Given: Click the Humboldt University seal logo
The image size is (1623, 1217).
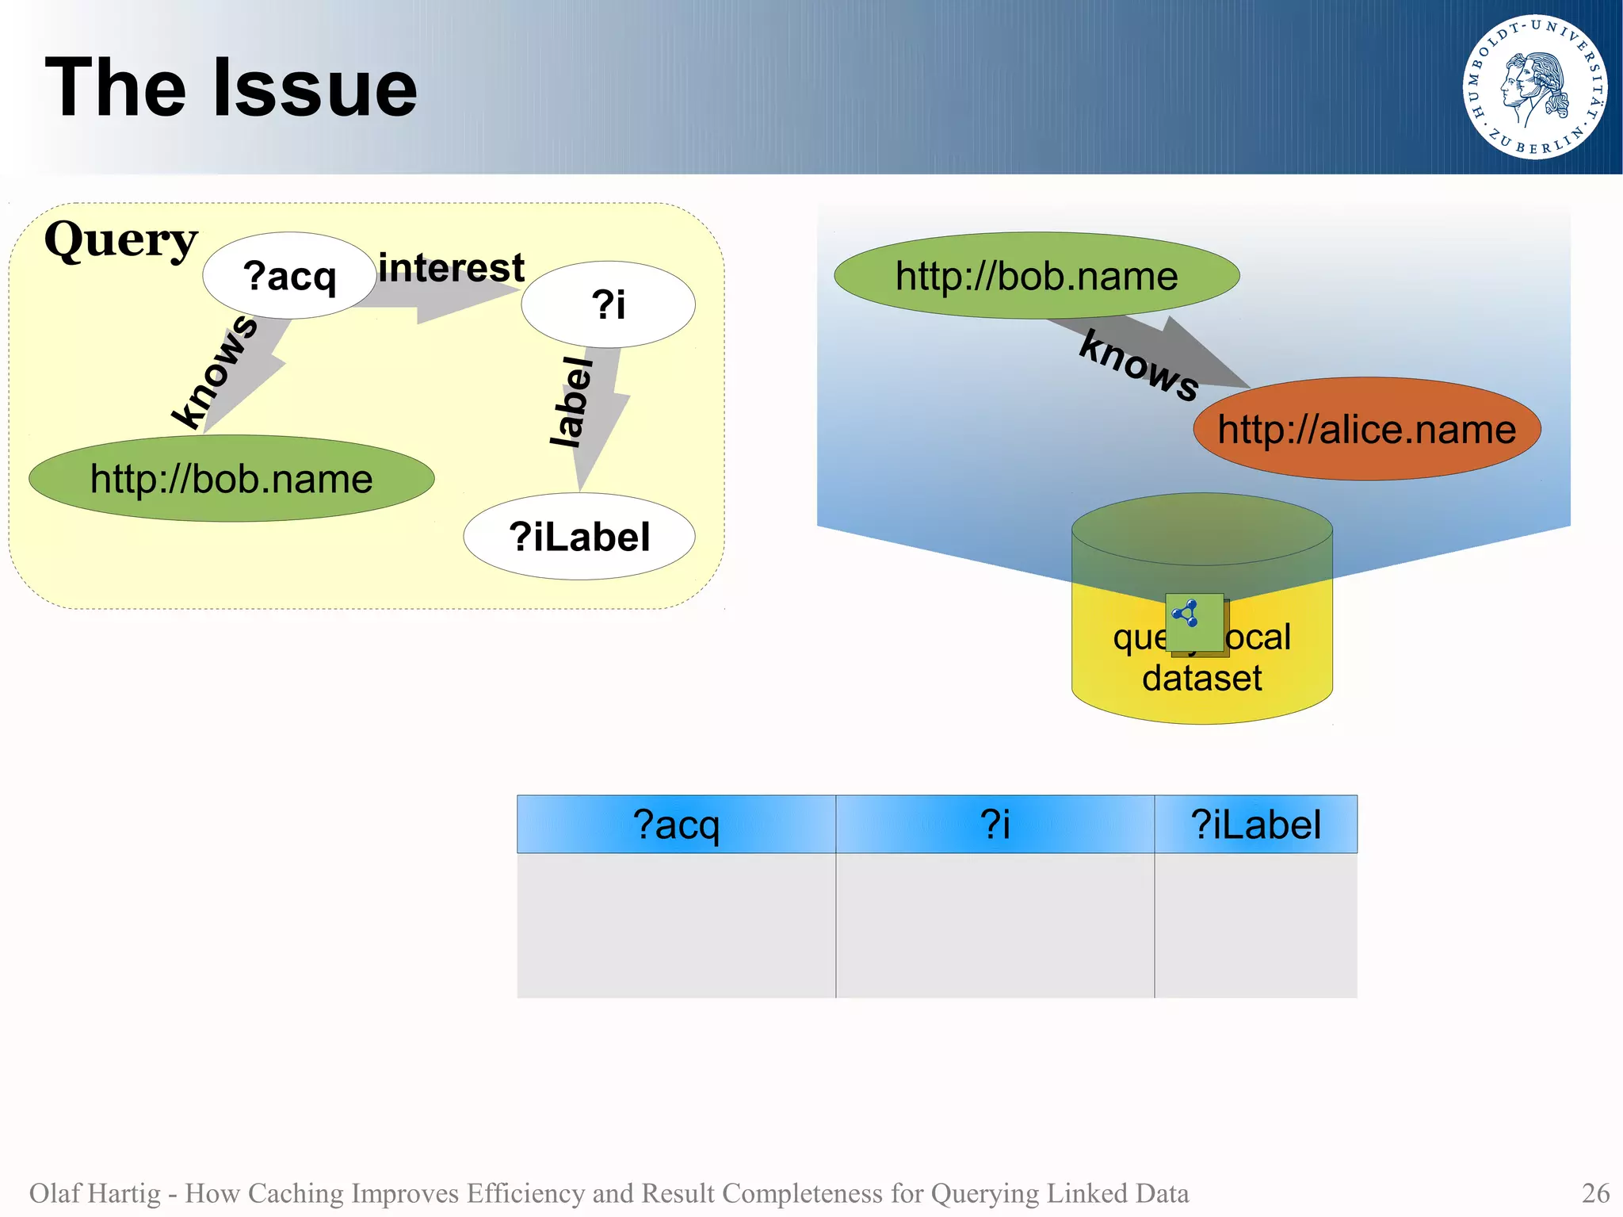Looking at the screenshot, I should (1534, 87).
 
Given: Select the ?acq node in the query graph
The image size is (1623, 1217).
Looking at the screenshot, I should (289, 276).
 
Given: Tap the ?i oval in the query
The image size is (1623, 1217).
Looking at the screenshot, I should (608, 304).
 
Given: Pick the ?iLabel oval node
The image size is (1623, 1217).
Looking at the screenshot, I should (579, 537).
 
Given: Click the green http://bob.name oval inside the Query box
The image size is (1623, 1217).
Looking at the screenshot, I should (231, 479).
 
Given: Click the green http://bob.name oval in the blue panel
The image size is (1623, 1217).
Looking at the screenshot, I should (1037, 276).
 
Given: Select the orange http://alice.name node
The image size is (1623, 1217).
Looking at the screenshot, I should (1366, 429).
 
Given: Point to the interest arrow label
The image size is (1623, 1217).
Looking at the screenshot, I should (451, 268).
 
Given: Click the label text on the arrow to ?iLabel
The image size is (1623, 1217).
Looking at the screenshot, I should (572, 402).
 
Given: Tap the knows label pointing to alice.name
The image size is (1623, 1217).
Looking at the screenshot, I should (1139, 366).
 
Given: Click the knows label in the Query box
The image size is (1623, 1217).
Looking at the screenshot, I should (216, 371).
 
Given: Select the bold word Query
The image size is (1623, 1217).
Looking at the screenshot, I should (120, 239).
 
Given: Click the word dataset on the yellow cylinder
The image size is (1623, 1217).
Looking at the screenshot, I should (1201, 679).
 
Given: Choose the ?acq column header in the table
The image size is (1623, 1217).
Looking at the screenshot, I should (676, 825).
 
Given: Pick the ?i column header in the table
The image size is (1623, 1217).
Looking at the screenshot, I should (995, 825).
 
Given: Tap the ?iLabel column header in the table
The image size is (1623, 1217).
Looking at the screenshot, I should (1255, 825).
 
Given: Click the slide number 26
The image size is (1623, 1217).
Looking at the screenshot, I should (1595, 1192).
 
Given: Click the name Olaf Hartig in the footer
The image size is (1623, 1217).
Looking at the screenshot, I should (94, 1192).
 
